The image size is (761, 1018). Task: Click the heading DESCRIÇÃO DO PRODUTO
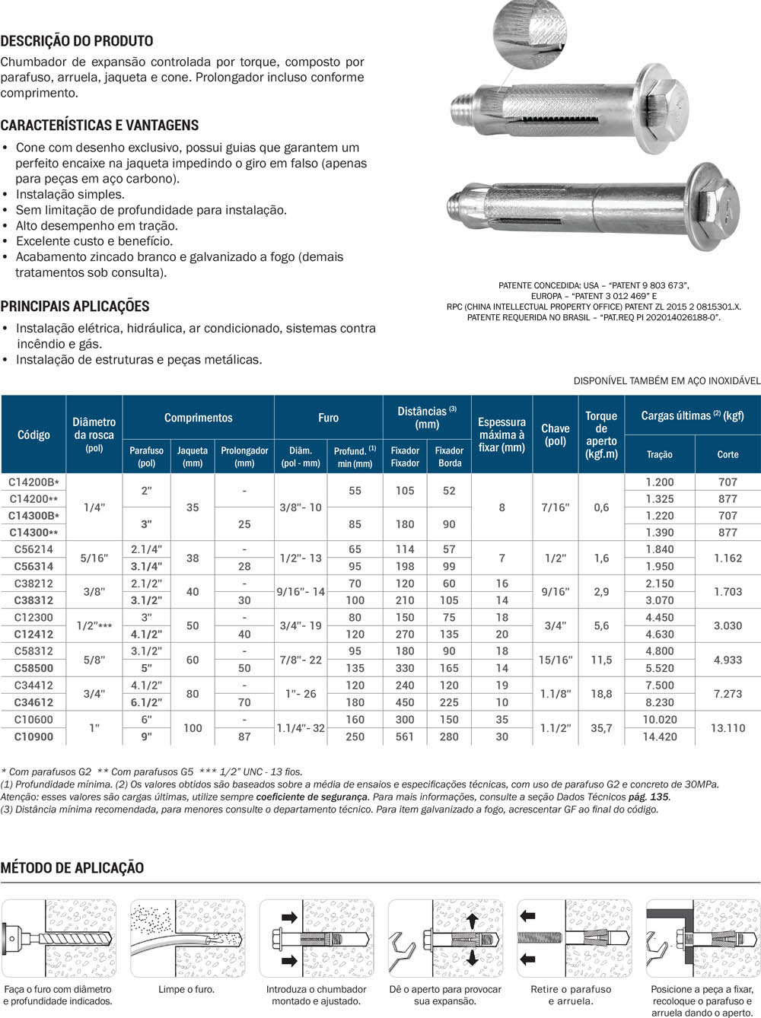click(77, 41)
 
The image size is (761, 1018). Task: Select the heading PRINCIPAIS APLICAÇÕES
click(75, 306)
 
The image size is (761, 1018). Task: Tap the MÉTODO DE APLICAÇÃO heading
click(72, 867)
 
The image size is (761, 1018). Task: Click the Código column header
click(33, 434)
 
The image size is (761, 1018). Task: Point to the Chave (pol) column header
click(556, 434)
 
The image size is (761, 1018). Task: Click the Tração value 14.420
click(659, 736)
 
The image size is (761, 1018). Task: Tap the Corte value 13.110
click(728, 728)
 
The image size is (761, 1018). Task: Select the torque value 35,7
click(601, 728)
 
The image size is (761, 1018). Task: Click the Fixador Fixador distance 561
click(405, 736)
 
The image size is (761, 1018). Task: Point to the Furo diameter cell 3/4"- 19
click(301, 625)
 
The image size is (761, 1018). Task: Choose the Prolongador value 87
click(244, 736)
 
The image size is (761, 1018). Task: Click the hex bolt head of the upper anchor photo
click(669, 110)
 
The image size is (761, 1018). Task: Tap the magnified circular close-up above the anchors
click(530, 34)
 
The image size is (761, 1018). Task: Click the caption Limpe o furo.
click(186, 989)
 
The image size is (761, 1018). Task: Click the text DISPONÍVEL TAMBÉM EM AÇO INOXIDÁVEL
click(667, 380)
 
